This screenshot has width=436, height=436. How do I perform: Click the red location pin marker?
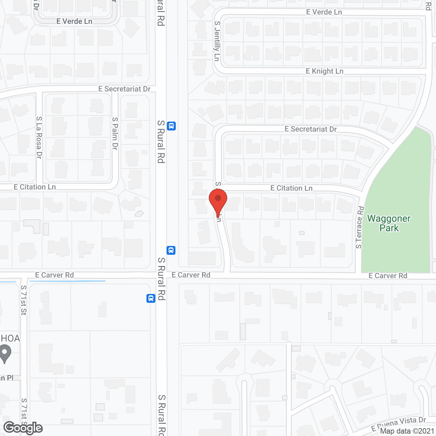pyautogui.click(x=218, y=201)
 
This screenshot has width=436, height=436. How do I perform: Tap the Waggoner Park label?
pyautogui.click(x=389, y=223)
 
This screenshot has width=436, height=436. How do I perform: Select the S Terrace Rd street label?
pyautogui.click(x=359, y=227)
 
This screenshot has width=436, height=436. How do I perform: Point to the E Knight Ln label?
pyautogui.click(x=324, y=71)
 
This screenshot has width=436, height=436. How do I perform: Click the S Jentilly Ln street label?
pyautogui.click(x=217, y=41)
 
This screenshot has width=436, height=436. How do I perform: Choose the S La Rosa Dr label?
pyautogui.click(x=39, y=137)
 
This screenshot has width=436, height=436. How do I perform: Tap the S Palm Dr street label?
pyautogui.click(x=115, y=134)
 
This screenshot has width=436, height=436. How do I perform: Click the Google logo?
pyautogui.click(x=23, y=428)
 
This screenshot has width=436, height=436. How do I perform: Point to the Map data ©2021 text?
pyautogui.click(x=407, y=431)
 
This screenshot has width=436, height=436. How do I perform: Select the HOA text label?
pyautogui.click(x=10, y=338)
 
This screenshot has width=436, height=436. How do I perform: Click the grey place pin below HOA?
pyautogui.click(x=5, y=354)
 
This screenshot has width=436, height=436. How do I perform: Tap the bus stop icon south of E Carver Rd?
pyautogui.click(x=151, y=298)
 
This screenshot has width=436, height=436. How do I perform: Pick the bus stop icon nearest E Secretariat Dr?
pyautogui.click(x=171, y=126)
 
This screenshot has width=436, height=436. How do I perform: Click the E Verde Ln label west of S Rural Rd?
pyautogui.click(x=74, y=21)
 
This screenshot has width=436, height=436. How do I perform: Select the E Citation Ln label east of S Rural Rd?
pyautogui.click(x=291, y=188)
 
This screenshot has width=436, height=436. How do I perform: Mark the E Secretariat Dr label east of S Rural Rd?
pyautogui.click(x=311, y=129)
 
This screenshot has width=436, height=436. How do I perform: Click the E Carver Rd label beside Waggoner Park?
pyautogui.click(x=388, y=276)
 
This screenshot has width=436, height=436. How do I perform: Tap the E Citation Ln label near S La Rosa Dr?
pyautogui.click(x=35, y=187)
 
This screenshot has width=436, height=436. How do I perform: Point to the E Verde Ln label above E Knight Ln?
pyautogui.click(x=324, y=12)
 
